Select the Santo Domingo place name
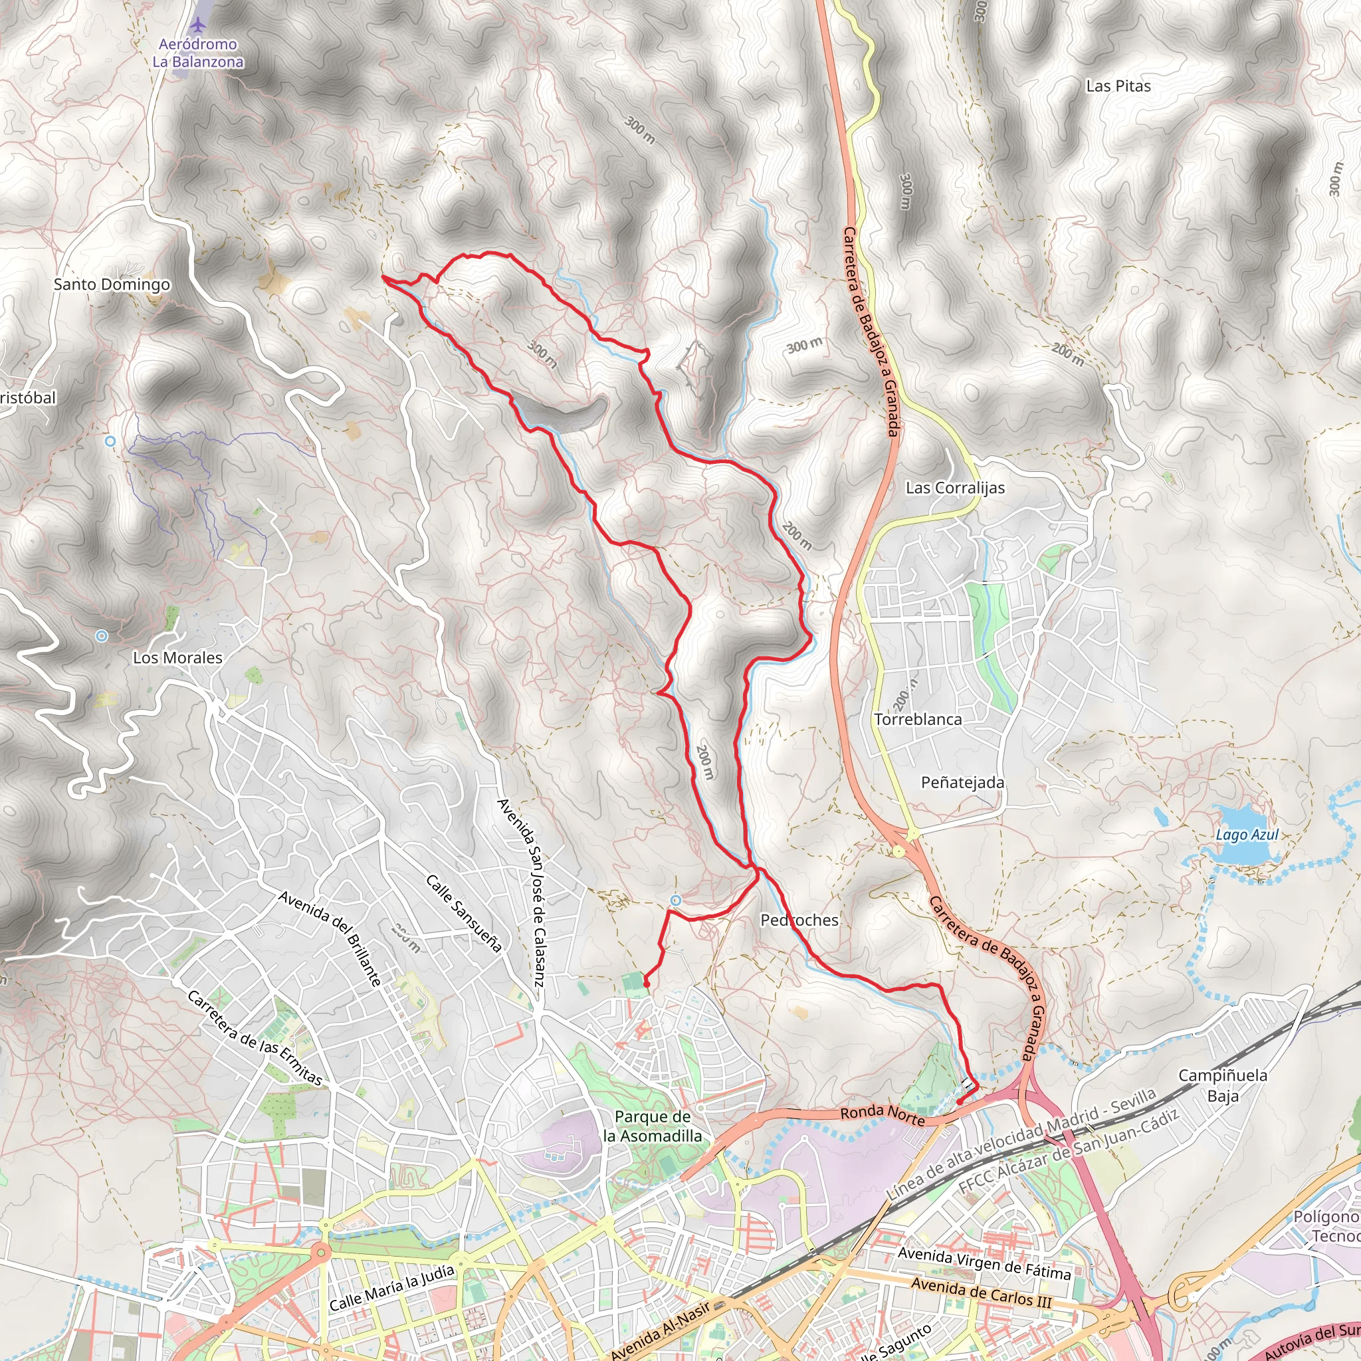click(x=112, y=284)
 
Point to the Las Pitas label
click(x=1118, y=86)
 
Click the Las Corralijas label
click(x=954, y=488)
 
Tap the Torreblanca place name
click(x=917, y=719)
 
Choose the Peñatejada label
click(x=962, y=783)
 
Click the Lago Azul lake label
click(x=1246, y=835)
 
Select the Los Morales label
click(x=177, y=657)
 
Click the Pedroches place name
click(x=799, y=920)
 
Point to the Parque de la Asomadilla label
click(x=653, y=1126)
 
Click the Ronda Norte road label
click(x=882, y=1114)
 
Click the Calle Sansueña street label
click(x=464, y=914)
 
